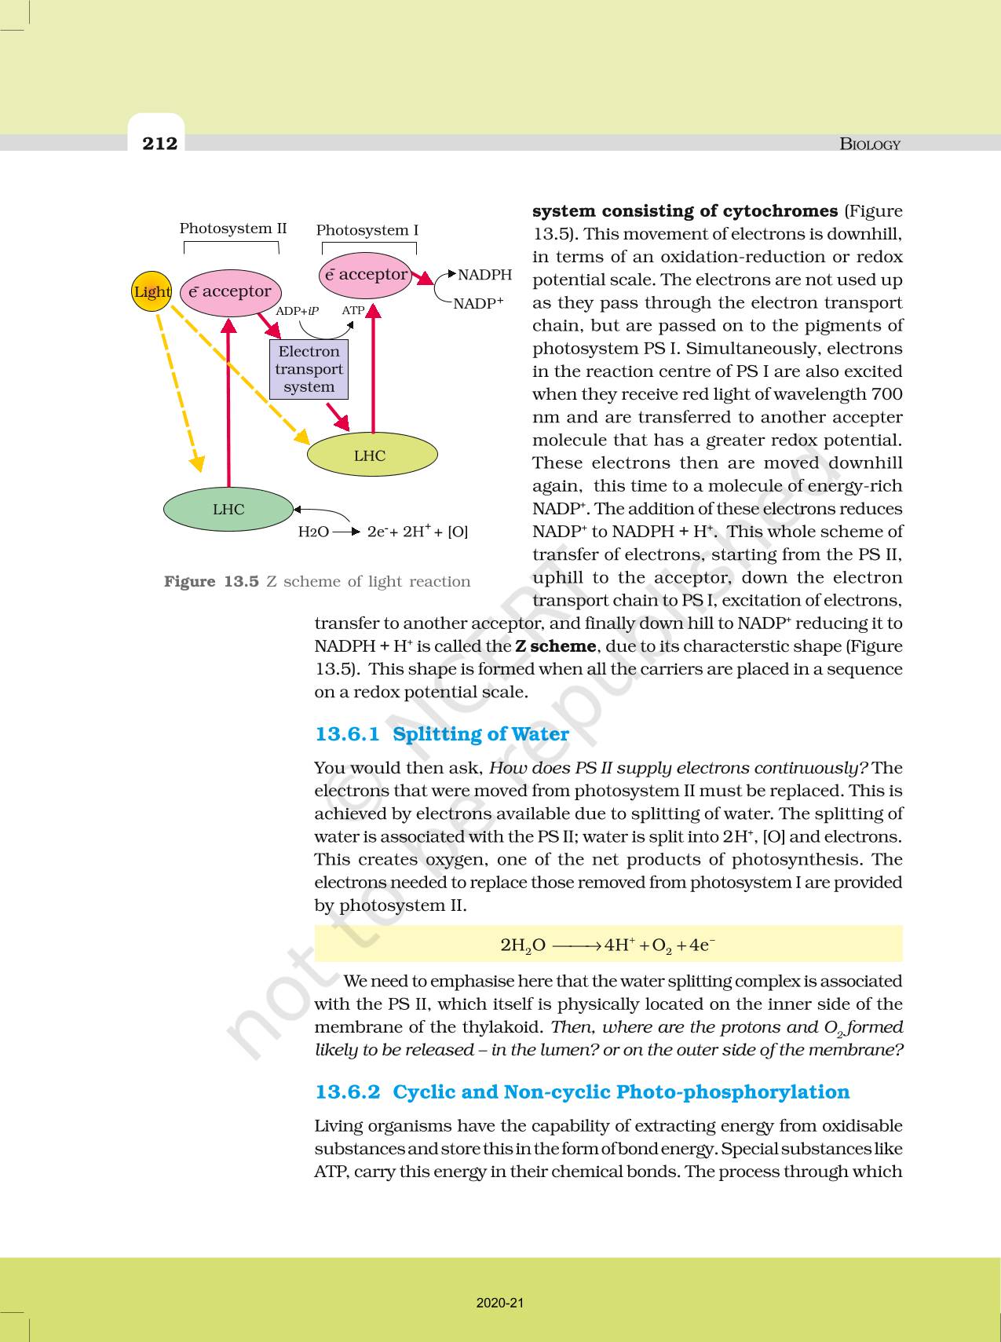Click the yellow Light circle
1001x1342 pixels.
tap(151, 291)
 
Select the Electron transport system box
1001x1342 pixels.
tap(309, 369)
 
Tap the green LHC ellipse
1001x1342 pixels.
tap(228, 509)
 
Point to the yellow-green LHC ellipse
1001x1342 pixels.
tap(371, 455)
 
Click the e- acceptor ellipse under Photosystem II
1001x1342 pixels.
tap(230, 291)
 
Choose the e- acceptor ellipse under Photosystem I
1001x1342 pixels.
tap(366, 275)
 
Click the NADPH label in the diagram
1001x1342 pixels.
tap(484, 275)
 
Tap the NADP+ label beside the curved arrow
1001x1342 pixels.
tap(478, 303)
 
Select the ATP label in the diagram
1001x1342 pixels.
tap(353, 310)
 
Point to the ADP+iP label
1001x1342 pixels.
tap(297, 311)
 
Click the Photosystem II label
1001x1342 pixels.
tap(233, 229)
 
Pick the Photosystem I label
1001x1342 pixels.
tap(367, 230)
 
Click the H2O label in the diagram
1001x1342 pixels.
tap(313, 532)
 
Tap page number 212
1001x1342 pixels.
tap(160, 143)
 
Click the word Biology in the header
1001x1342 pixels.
tap(870, 144)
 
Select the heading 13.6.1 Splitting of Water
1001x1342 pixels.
tap(441, 734)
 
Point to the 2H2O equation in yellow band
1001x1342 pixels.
tap(608, 945)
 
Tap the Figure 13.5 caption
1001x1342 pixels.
tap(317, 581)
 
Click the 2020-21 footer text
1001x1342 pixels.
tap(500, 1303)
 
